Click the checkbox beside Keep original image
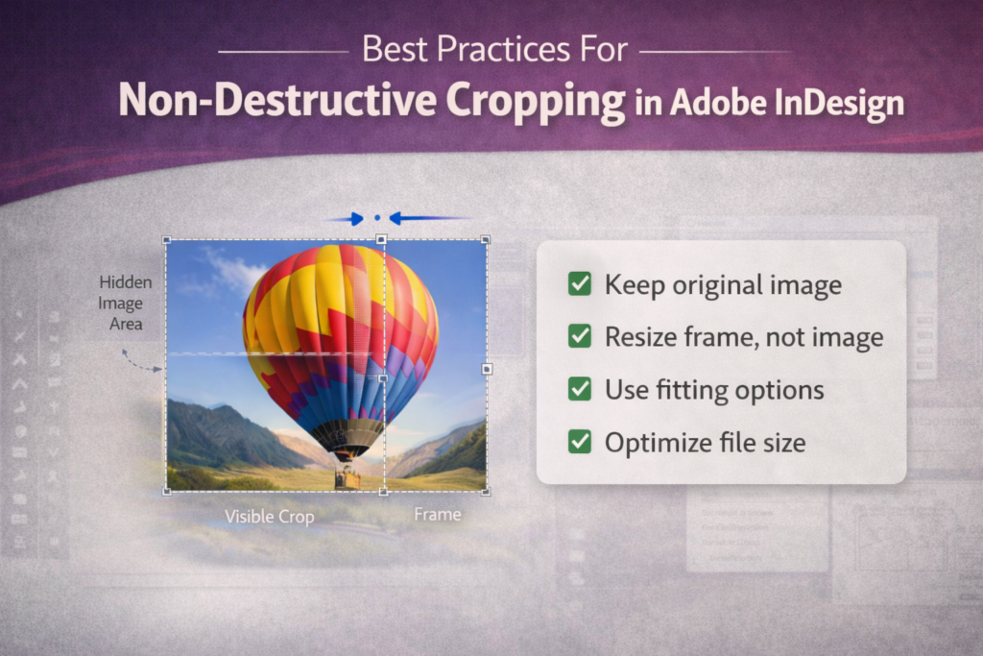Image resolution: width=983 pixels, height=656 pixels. (580, 284)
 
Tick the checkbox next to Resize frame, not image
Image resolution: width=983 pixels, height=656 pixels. (580, 336)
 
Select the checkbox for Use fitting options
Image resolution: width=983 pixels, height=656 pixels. (580, 389)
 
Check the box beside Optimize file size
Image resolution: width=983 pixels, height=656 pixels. (580, 442)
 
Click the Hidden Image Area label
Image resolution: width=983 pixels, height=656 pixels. (125, 303)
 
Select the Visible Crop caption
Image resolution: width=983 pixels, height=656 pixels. (269, 517)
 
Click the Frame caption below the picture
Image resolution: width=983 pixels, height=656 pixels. (438, 515)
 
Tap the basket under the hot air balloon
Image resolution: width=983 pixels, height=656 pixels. (348, 477)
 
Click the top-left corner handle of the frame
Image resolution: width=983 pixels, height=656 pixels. (167, 240)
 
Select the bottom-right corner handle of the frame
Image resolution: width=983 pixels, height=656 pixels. (487, 492)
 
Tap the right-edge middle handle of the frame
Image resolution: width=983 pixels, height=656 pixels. (487, 368)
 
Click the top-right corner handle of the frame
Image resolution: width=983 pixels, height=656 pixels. (486, 239)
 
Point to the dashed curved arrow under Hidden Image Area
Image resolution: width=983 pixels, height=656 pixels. (140, 361)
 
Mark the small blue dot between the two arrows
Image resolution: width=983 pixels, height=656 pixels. (377, 219)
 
